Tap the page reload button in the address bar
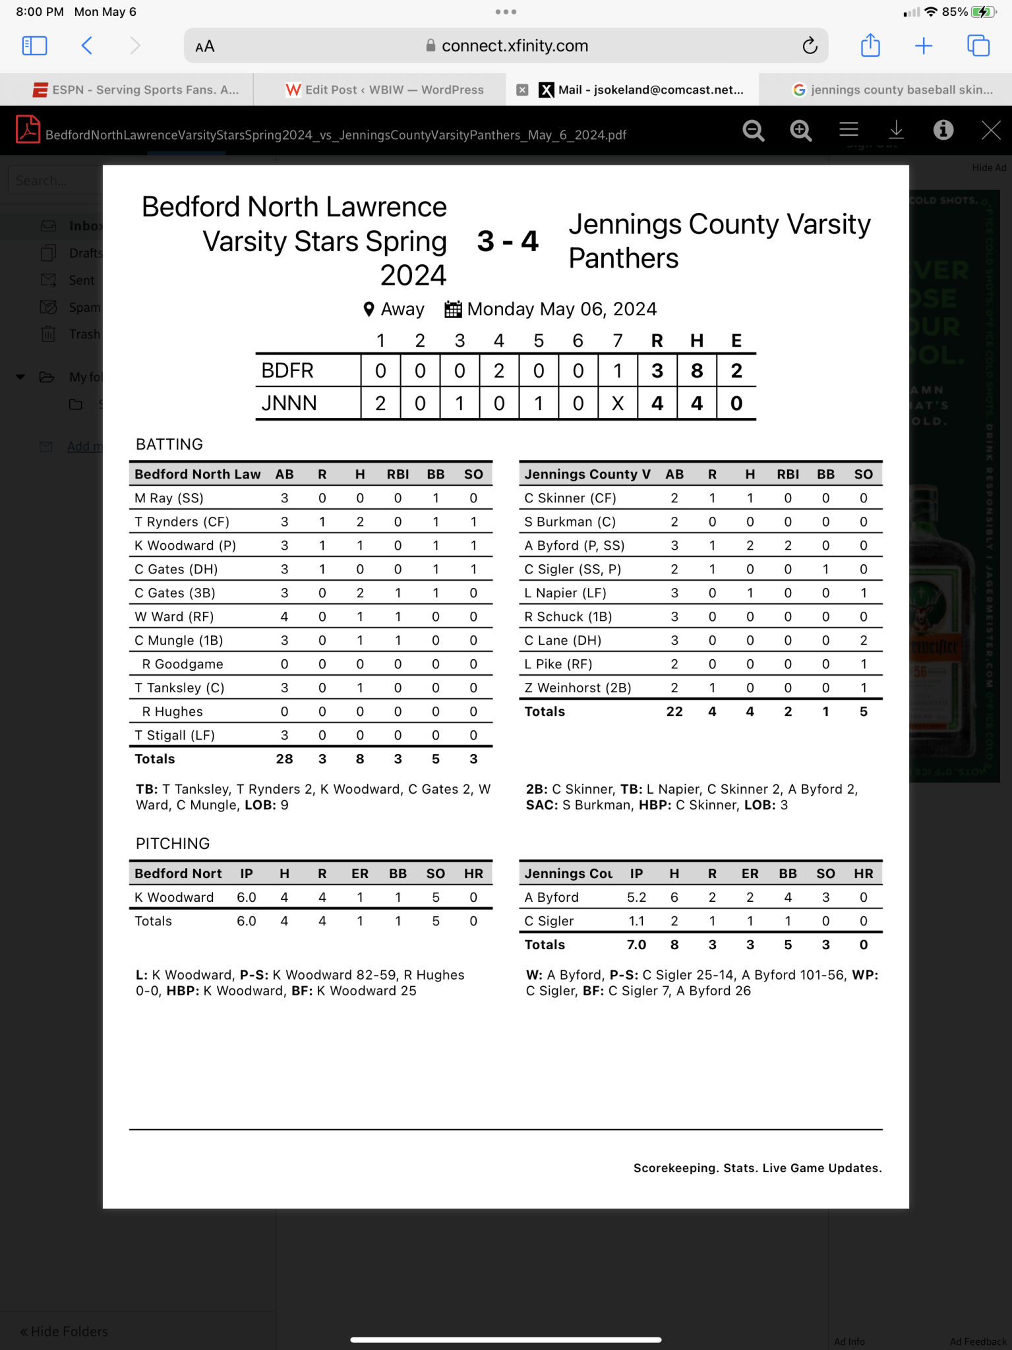click(x=810, y=45)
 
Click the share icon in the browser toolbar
click(x=870, y=45)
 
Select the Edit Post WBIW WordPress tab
click(x=385, y=90)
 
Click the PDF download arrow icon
click(x=896, y=130)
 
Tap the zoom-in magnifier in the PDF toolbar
click(x=800, y=131)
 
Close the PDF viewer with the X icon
click(x=991, y=130)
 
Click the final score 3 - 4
click(x=507, y=241)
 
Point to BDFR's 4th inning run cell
click(x=499, y=370)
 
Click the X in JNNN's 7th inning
click(x=618, y=403)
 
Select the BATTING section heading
click(x=169, y=444)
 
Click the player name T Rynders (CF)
click(x=182, y=521)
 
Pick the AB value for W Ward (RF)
click(x=284, y=616)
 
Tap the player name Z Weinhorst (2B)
click(x=578, y=688)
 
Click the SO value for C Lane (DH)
click(x=863, y=640)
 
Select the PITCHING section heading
click(x=173, y=844)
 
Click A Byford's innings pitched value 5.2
click(x=636, y=897)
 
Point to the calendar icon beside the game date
click(x=453, y=309)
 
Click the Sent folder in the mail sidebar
click(x=82, y=280)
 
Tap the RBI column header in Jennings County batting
click(x=788, y=474)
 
